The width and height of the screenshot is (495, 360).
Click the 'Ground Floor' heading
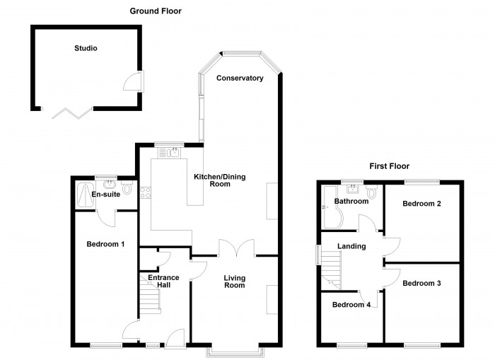click(155, 11)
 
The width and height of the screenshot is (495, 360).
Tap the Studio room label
click(86, 49)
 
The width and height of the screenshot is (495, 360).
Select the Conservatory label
click(240, 78)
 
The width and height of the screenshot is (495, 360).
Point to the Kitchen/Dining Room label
click(220, 180)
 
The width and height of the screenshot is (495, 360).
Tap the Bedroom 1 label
click(105, 245)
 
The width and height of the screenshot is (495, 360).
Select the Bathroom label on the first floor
click(351, 202)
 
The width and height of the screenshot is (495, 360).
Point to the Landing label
click(351, 246)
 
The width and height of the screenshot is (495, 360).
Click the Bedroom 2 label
click(422, 204)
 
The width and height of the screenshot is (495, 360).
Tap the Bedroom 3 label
click(422, 283)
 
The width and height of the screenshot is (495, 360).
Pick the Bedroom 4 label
click(351, 305)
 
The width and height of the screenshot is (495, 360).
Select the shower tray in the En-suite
click(83, 193)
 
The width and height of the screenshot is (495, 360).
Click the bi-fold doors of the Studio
click(67, 110)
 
